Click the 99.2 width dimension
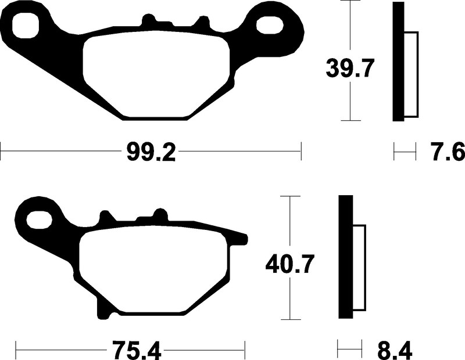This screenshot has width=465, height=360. pos(151,152)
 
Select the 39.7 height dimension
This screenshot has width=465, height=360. pos(349,69)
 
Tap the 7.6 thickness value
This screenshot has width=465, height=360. pos(448,152)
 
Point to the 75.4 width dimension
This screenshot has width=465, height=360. pos(137,350)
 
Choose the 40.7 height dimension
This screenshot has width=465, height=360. pos(289,265)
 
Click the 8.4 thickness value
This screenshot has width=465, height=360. pos(395,350)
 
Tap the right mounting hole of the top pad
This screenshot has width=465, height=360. pos(269,26)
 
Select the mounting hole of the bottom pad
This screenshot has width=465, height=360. pos(40,220)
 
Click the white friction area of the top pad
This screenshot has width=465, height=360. pos(156,74)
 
